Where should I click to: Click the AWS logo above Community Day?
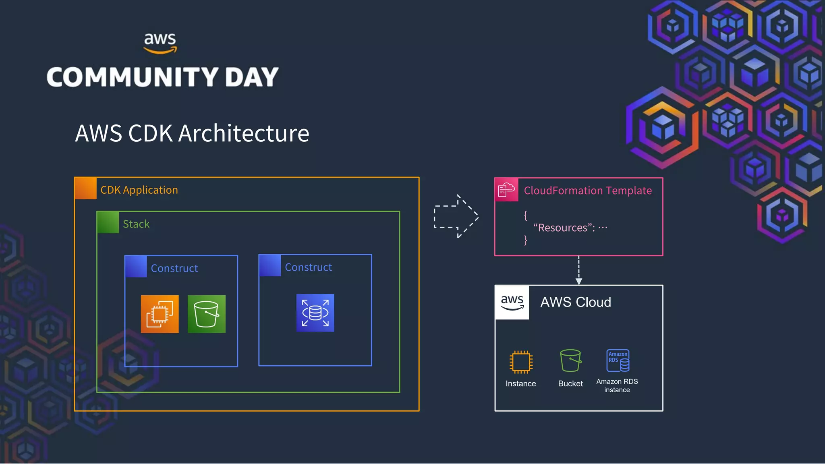click(160, 43)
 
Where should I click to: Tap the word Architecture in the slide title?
click(243, 133)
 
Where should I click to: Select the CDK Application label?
click(139, 190)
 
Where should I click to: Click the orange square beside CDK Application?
click(86, 188)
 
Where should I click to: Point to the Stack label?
click(136, 224)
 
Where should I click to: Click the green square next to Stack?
click(108, 222)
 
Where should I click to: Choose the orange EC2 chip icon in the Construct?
click(160, 314)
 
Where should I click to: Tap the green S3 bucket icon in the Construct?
click(206, 314)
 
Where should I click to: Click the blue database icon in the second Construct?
click(315, 313)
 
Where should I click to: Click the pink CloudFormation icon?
click(506, 190)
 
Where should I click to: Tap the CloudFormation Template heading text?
click(588, 191)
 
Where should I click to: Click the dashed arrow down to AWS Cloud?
click(579, 270)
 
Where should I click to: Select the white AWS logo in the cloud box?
click(512, 302)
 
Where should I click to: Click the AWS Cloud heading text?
click(576, 302)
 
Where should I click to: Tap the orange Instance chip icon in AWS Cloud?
click(521, 361)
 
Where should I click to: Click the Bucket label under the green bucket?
click(570, 384)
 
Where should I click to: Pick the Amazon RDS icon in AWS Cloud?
click(618, 360)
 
